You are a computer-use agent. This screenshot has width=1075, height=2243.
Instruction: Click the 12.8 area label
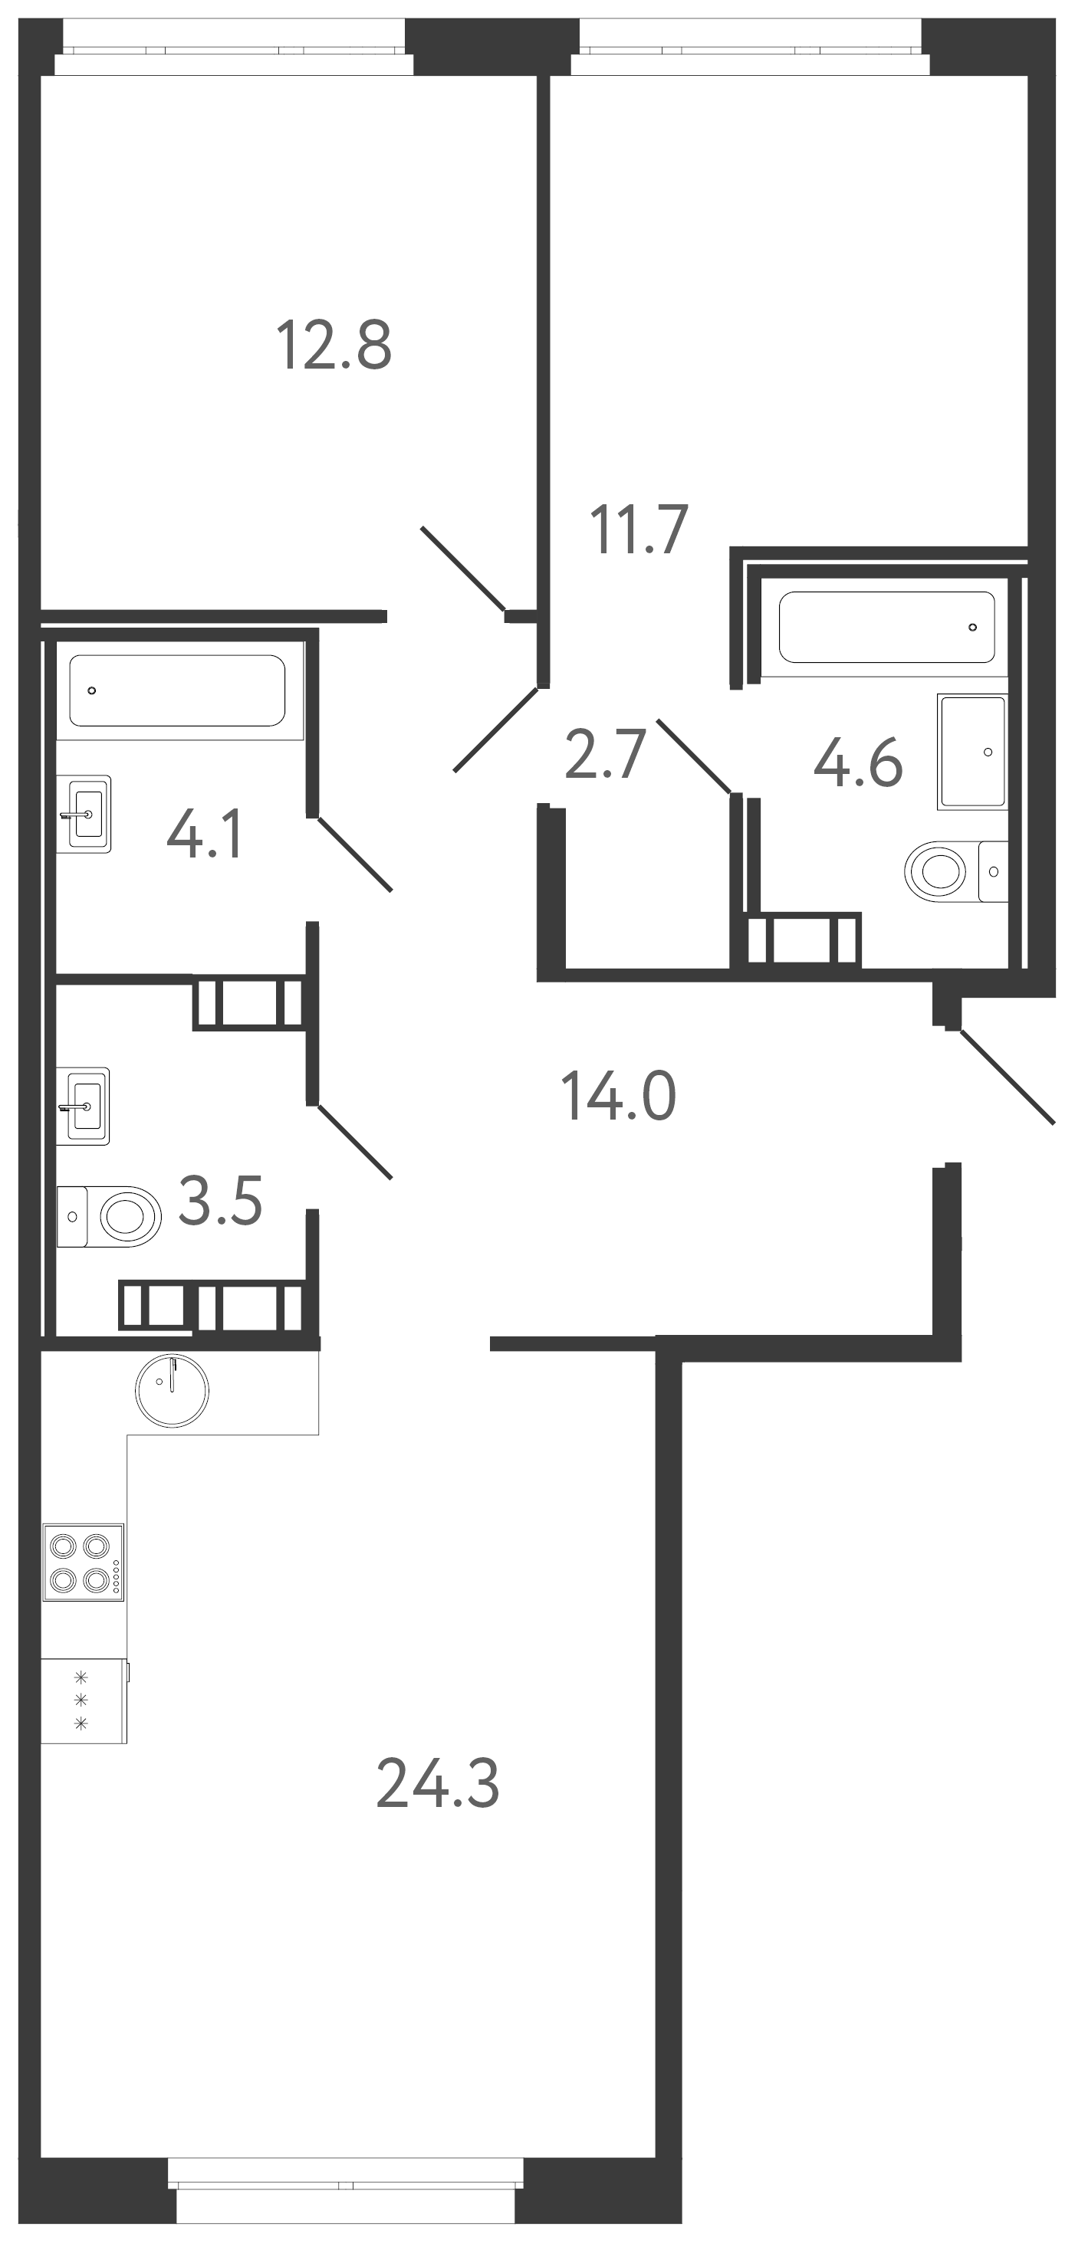(334, 346)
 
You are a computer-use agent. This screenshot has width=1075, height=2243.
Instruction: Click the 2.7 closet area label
(604, 756)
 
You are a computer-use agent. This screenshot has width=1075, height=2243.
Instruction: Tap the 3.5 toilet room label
(219, 1202)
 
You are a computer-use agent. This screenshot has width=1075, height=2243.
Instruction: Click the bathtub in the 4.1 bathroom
(178, 690)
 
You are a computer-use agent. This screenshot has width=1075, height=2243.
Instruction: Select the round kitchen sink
(173, 1392)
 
